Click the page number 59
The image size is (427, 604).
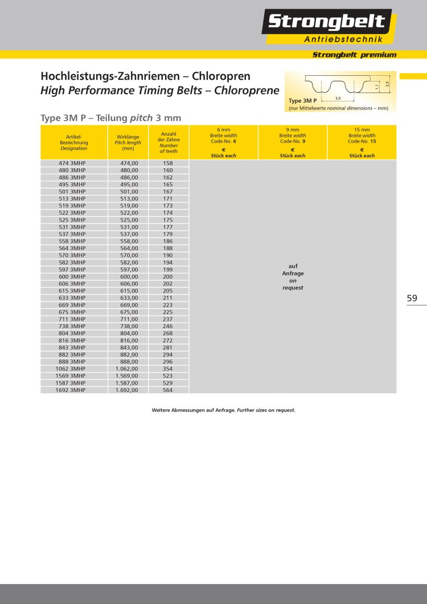[412, 297]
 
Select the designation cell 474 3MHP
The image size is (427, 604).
[72, 163]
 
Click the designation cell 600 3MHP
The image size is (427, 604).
[72, 276]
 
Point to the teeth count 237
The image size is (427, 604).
[167, 319]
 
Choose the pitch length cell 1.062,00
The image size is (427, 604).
[127, 369]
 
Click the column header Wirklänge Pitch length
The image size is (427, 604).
[128, 142]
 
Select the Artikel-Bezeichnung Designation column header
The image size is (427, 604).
[74, 142]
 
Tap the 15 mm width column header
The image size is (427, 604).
[362, 142]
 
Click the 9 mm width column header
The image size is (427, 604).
[293, 142]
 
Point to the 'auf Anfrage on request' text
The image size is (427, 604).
[293, 276]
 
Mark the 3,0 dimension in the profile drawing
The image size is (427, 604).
[338, 99]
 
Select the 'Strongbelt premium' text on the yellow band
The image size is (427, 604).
[354, 55]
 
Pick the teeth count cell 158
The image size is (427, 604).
[167, 163]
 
